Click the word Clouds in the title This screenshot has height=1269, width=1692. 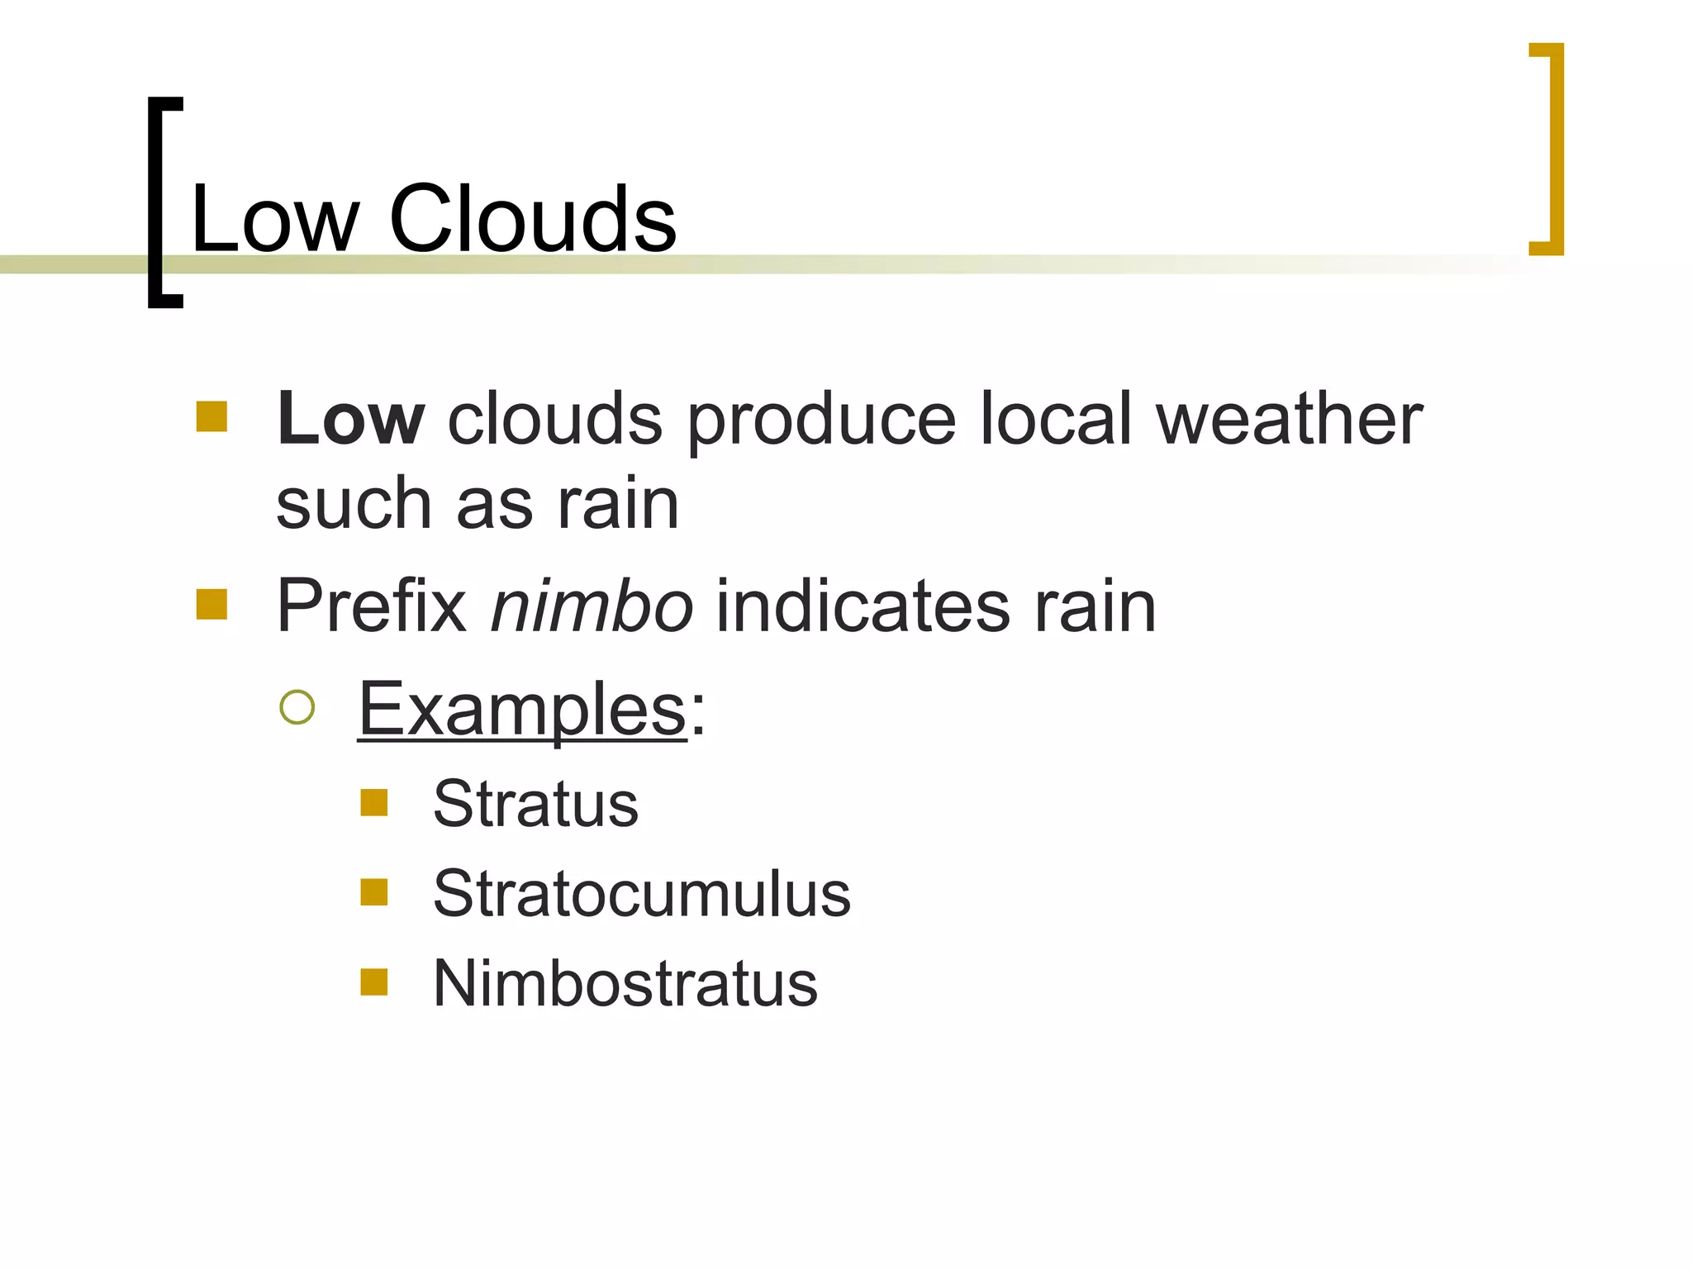(x=533, y=219)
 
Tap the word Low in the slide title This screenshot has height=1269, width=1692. (x=275, y=219)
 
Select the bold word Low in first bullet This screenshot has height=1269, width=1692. (x=351, y=419)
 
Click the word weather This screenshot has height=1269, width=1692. (x=1289, y=419)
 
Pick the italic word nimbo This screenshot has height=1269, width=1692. (x=592, y=606)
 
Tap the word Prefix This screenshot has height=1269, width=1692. (x=372, y=606)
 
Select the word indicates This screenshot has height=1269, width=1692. (x=863, y=606)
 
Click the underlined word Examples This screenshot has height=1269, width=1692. (x=522, y=709)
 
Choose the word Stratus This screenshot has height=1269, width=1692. (x=535, y=803)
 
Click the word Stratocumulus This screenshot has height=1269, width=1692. (x=641, y=893)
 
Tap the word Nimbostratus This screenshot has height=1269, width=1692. (x=625, y=983)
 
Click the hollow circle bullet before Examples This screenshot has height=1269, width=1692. (x=297, y=707)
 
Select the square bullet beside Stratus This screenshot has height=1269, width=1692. (x=374, y=802)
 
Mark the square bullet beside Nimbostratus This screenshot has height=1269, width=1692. (x=374, y=982)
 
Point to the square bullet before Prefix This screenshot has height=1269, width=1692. (x=212, y=604)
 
